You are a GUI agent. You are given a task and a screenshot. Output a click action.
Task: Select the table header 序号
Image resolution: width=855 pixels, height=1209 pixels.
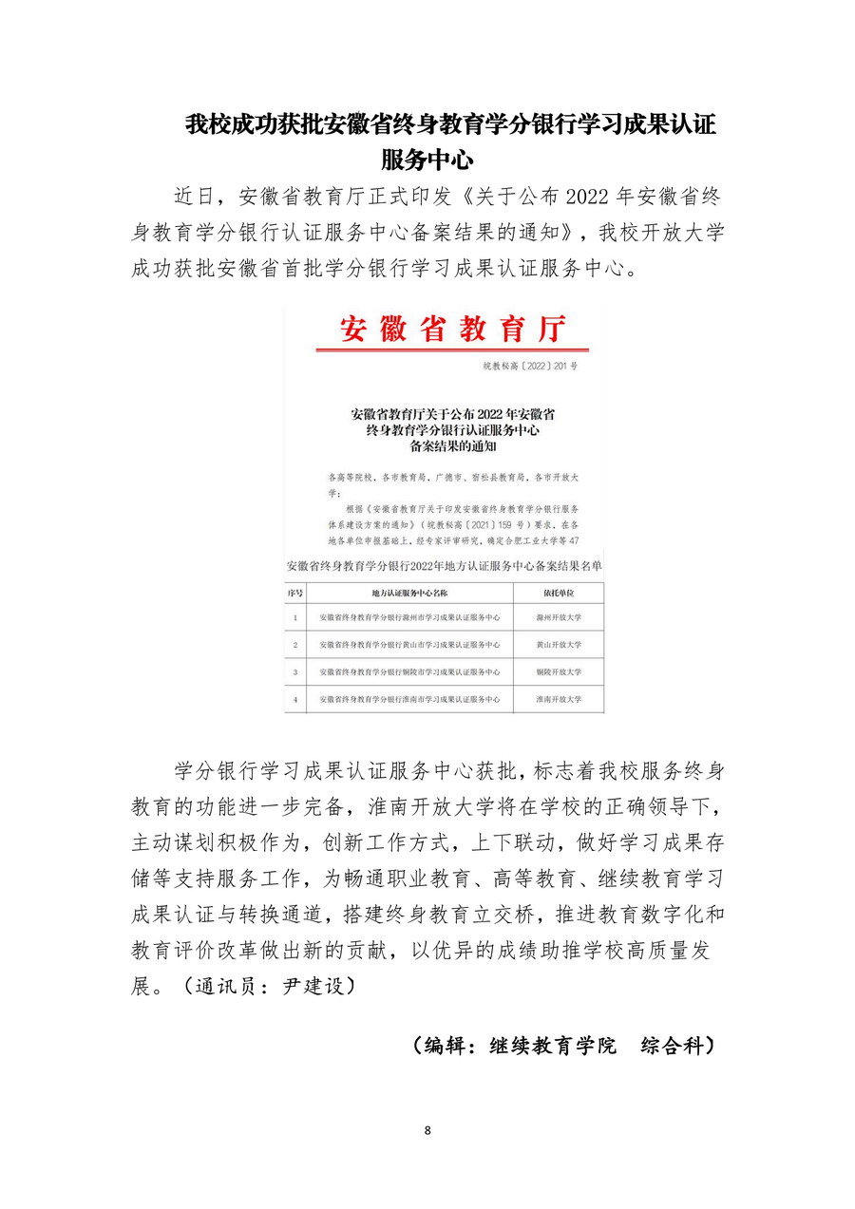point(295,593)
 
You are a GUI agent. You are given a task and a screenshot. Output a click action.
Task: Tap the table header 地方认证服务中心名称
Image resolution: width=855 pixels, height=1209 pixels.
point(409,593)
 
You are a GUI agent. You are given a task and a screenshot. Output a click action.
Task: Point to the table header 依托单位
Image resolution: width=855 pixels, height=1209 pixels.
point(558,593)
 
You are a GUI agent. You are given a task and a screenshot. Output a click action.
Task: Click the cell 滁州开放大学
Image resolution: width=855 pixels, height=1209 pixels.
point(558,618)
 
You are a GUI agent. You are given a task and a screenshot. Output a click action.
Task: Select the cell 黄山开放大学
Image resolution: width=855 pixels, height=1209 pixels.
point(558,645)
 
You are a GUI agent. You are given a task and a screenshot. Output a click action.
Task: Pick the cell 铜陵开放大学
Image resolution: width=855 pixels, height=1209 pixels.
point(558,672)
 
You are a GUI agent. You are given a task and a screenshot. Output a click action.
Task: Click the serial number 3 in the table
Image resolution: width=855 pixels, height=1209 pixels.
point(295,672)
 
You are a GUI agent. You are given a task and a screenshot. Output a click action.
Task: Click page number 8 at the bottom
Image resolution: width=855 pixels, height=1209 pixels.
point(427,1130)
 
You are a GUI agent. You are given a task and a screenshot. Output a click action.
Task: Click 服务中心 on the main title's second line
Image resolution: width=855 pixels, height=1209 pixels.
point(427,158)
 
